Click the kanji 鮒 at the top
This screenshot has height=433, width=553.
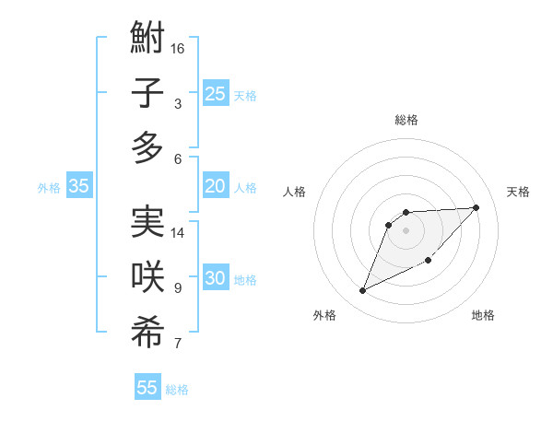point(147,39)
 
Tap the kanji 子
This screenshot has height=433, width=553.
point(147,93)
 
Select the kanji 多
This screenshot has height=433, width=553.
point(147,147)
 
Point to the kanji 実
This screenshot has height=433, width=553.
point(147,222)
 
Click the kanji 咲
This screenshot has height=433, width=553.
point(147,277)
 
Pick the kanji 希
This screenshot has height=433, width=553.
point(147,333)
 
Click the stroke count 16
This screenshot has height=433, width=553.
point(178,48)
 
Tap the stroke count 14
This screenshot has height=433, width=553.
point(178,232)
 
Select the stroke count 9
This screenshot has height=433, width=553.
point(178,288)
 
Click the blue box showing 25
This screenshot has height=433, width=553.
point(215,93)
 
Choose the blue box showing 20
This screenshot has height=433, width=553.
point(215,186)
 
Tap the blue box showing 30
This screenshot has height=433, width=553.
point(215,278)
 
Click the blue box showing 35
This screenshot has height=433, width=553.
point(79,186)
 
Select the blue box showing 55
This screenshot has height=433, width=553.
point(147,388)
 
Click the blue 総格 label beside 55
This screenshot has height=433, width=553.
point(177,390)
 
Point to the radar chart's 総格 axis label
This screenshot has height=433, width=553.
point(406,120)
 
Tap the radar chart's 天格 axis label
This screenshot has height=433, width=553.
point(518,192)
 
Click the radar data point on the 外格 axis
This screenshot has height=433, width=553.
point(362,291)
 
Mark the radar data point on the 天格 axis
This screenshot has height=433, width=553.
point(476,207)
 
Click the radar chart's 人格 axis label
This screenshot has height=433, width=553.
point(295,192)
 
